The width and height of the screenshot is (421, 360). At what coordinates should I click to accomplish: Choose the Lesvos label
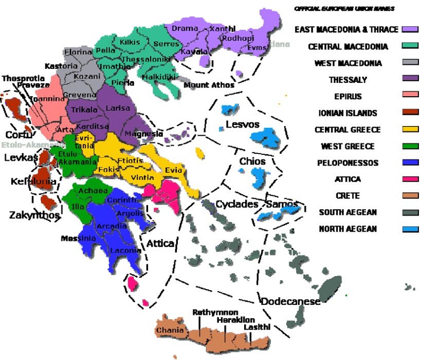pyautogui.click(x=242, y=124)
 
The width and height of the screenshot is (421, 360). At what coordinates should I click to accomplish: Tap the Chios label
pyautogui.click(x=252, y=161)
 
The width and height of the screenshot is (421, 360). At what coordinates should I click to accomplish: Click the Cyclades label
pyautogui.click(x=236, y=204)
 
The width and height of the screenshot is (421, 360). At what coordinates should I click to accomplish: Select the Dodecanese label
pyautogui.click(x=290, y=301)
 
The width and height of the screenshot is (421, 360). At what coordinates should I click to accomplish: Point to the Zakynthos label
pyautogui.click(x=35, y=215)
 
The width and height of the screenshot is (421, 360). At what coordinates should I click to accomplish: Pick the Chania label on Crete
pyautogui.click(x=170, y=330)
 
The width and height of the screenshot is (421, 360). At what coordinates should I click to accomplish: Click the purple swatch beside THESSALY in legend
pyautogui.click(x=410, y=80)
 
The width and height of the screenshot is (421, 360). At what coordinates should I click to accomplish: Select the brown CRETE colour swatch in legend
pyautogui.click(x=410, y=196)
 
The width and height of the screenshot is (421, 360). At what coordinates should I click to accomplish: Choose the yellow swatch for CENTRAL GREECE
pyautogui.click(x=410, y=130)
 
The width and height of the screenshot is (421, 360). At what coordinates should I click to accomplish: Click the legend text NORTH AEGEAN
pyautogui.click(x=347, y=229)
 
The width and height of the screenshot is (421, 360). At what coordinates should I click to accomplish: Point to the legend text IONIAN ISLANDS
pyautogui.click(x=348, y=113)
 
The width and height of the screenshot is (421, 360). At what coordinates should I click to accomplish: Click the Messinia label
pyautogui.click(x=79, y=238)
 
